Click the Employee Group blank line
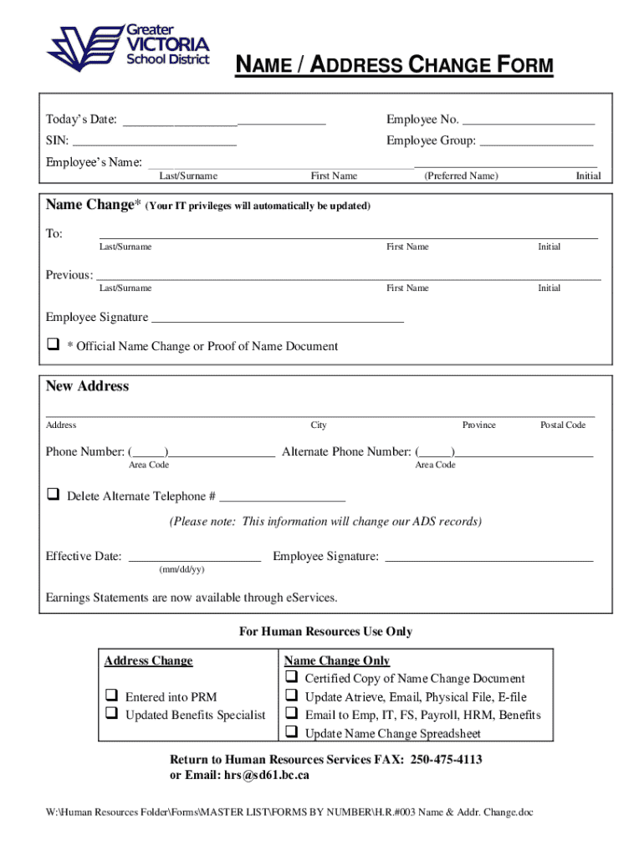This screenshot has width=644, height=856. tap(536, 140)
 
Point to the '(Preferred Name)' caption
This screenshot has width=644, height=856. tap(461, 176)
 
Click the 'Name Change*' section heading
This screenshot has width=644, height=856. tap(89, 205)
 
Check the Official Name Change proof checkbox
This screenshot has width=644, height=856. tap(53, 344)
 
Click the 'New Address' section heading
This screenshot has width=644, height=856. tap(87, 386)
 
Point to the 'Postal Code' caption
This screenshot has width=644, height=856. tap(562, 425)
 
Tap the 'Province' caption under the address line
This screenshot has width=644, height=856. tap(478, 425)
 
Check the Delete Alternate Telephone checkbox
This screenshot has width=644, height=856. tap(53, 495)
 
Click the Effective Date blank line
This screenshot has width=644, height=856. tap(194, 557)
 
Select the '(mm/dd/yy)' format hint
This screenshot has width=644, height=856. tap(181, 569)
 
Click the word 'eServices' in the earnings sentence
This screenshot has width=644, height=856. tap(310, 598)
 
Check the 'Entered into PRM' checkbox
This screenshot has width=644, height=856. tap(110, 695)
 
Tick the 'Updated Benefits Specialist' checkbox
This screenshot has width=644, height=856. tap(110, 714)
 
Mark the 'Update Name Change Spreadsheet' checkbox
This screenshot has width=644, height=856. tap(292, 732)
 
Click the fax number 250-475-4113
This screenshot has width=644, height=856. tap(444, 760)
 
